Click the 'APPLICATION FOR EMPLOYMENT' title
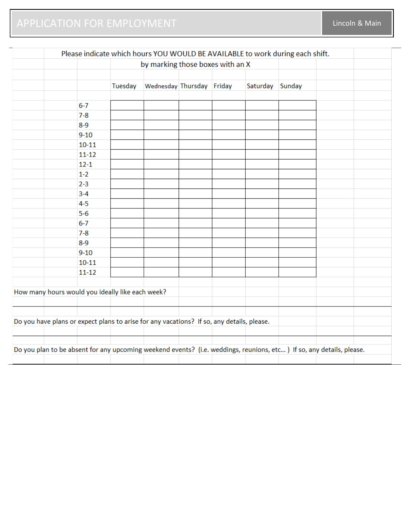click(96, 23)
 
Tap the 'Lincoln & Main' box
click(356, 23)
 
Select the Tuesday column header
click(124, 86)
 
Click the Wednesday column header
click(161, 86)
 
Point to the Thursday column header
click(194, 86)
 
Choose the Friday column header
click(223, 86)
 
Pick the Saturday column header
click(260, 86)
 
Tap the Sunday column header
click(291, 86)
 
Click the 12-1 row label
click(86, 164)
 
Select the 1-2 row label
click(84, 174)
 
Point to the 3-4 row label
click(84, 194)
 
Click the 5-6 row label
click(84, 213)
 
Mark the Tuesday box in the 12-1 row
click(127, 164)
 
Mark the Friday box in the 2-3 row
click(229, 184)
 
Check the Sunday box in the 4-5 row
click(297, 204)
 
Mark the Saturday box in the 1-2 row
click(262, 174)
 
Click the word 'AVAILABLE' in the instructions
click(225, 54)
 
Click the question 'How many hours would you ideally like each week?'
click(90, 292)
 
